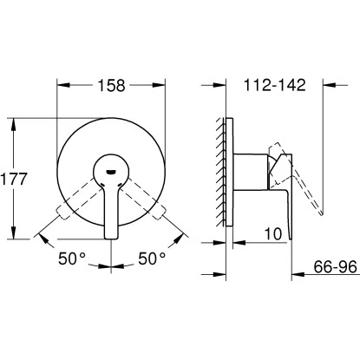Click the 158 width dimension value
(111, 85)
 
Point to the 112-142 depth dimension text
(274, 85)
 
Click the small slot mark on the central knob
(111, 171)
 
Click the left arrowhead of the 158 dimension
(62, 85)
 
